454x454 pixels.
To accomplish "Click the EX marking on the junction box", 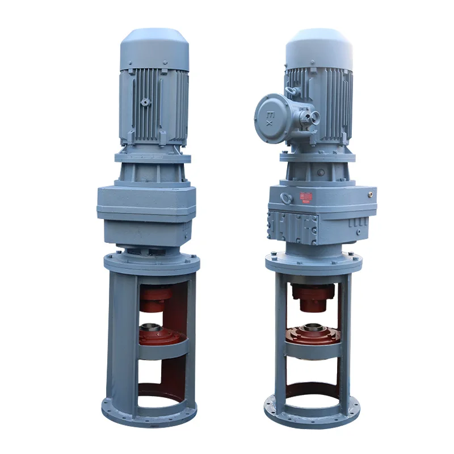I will point(269,119).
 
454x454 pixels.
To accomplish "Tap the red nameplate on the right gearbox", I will point(306,197).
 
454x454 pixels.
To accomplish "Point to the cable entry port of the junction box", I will point(310,118).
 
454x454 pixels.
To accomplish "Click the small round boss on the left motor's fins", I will point(145,103).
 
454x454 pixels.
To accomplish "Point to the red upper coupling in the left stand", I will point(156,297).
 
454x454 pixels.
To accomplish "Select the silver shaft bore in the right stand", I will point(313,327).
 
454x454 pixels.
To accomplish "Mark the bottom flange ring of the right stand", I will point(313,417).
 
